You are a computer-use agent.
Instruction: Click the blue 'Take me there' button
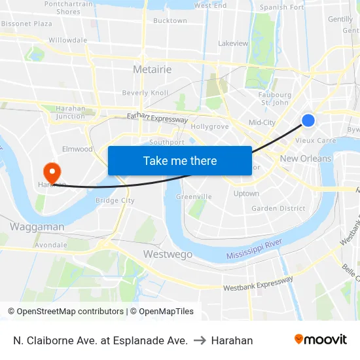point(180,160)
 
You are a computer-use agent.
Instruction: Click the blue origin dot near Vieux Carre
point(308,120)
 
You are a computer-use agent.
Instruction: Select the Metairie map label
point(152,69)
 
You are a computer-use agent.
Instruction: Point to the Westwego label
point(168,253)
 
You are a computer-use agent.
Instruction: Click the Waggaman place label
point(37,226)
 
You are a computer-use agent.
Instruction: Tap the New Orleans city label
point(306,158)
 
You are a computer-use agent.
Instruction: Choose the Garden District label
point(278,208)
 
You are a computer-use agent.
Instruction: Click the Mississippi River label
point(255,249)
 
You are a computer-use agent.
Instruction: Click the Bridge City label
point(115,200)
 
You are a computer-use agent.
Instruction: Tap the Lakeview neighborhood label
point(233,43)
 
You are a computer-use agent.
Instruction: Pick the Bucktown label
point(170,20)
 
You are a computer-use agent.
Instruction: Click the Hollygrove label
point(210,126)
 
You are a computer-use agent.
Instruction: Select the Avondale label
point(51,245)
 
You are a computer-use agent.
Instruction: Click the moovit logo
point(321,340)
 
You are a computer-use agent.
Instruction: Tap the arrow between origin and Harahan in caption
point(200,340)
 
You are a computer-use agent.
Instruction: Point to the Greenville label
point(194,196)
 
